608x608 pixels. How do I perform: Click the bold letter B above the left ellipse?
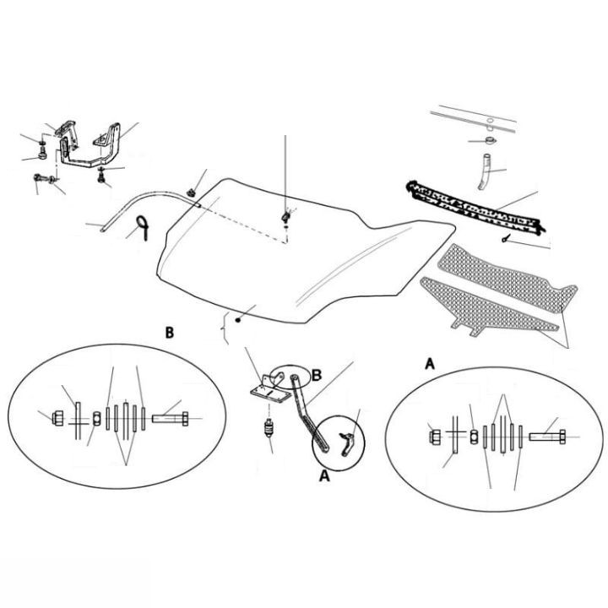tap(170, 333)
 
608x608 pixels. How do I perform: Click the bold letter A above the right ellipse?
tap(429, 365)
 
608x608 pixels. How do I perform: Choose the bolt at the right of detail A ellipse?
tap(550, 437)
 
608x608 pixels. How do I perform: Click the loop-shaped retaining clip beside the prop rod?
tap(142, 223)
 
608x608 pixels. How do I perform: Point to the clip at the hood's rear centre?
tap(285, 218)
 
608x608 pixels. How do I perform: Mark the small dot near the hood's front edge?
tap(239, 320)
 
